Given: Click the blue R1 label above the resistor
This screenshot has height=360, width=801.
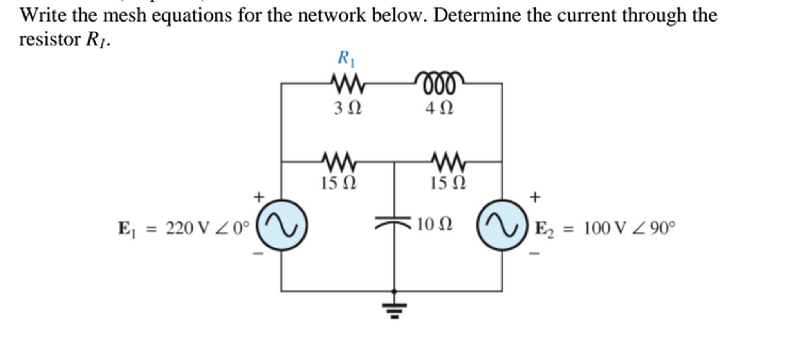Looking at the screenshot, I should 346,59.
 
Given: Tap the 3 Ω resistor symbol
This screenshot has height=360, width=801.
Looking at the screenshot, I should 348,83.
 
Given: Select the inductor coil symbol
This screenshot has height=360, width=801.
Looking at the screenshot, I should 439,82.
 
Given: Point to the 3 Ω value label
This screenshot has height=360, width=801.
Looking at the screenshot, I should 348,108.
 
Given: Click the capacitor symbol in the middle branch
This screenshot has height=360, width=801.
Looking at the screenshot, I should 394,222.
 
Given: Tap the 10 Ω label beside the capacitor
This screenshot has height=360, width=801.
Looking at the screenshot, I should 434,225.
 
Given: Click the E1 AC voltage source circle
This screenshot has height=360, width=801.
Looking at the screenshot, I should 281,225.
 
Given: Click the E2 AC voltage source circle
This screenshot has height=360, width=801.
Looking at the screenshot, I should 502,225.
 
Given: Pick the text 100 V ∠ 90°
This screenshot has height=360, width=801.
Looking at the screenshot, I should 629,228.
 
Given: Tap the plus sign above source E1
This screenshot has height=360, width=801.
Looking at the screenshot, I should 259,197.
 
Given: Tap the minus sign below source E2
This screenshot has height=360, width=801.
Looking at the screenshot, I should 534,254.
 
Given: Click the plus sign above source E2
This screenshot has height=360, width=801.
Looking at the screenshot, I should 535,197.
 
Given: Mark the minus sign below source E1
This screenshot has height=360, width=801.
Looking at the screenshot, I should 258,254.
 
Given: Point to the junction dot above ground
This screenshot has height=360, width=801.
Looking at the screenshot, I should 394,291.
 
